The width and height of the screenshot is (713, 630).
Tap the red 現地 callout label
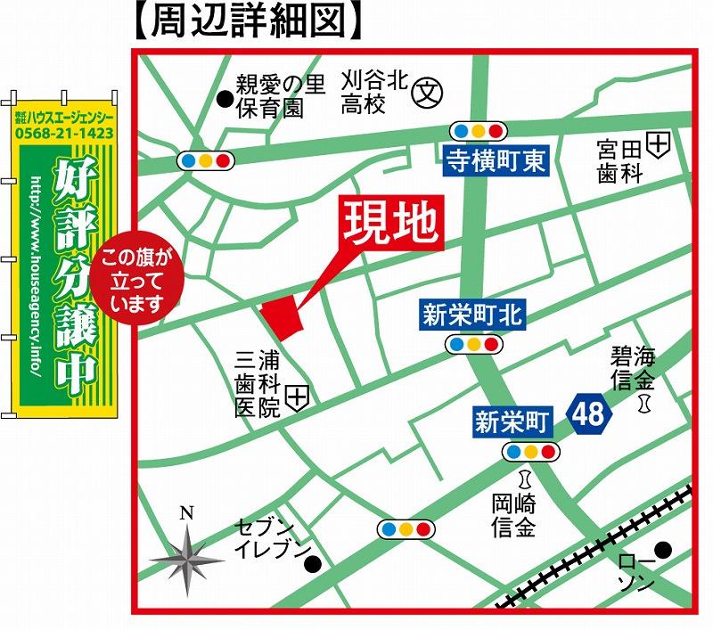(x=393, y=220)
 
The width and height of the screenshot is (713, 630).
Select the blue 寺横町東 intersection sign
(x=496, y=160)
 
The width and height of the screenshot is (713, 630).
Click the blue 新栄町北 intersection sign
(x=473, y=315)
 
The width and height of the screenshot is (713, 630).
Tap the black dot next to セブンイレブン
(x=312, y=564)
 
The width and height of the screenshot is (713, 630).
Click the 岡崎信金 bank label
(x=513, y=517)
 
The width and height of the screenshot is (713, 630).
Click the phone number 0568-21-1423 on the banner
(x=64, y=133)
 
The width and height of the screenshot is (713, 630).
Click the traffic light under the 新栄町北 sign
(x=473, y=343)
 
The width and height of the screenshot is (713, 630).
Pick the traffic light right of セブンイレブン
(x=406, y=529)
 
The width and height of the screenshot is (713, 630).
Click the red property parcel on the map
(x=284, y=316)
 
